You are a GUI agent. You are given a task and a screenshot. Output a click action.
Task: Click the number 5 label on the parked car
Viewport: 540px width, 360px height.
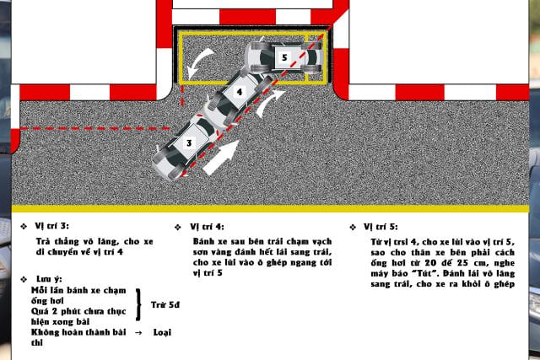click(284, 57)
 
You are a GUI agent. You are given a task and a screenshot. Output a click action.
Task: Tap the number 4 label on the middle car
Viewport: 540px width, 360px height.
click(240, 92)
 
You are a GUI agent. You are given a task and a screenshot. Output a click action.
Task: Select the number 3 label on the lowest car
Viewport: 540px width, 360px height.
click(189, 142)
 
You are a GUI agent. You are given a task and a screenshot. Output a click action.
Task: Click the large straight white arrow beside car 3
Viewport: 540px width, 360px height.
click(221, 158)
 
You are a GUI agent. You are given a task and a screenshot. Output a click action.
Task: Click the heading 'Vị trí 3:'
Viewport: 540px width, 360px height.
click(51, 226)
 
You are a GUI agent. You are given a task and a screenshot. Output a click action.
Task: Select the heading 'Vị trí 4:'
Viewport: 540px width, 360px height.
click(207, 227)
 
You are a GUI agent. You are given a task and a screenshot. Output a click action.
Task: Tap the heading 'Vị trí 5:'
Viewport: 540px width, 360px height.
click(381, 227)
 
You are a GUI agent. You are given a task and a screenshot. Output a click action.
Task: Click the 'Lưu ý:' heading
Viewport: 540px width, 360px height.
click(49, 279)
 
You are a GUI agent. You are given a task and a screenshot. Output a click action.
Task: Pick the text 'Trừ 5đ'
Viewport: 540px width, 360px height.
click(165, 305)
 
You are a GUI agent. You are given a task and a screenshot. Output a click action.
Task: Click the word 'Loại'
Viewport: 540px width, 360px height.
click(162, 332)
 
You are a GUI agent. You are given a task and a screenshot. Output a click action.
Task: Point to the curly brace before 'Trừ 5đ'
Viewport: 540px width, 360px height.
click(138, 305)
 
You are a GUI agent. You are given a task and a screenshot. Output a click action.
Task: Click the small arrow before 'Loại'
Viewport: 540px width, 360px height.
click(138, 333)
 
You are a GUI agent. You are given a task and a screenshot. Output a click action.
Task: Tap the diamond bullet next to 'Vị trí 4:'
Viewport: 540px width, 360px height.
click(178, 227)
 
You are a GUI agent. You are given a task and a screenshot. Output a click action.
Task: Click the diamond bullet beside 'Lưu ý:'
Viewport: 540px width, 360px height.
click(24, 279)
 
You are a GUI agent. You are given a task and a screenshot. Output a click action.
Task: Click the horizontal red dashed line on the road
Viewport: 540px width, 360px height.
click(94, 129)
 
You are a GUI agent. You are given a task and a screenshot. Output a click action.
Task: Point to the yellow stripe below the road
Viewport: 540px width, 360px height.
click(270, 208)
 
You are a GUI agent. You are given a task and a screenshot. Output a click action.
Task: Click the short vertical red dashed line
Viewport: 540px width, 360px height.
click(182, 95)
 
